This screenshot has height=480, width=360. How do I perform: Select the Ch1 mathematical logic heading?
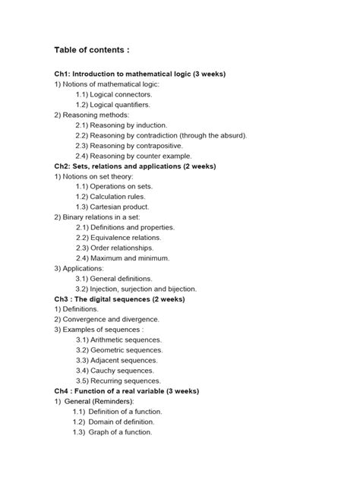(x=140, y=74)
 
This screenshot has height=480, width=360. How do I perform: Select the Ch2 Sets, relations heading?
(x=134, y=166)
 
